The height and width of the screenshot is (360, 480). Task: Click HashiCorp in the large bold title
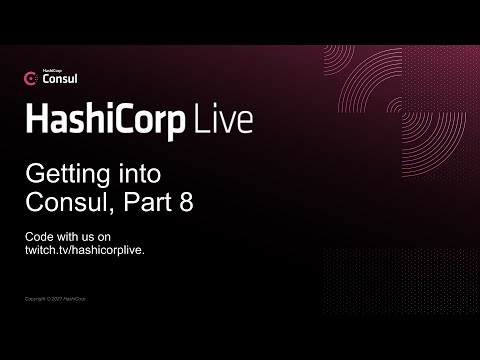106,121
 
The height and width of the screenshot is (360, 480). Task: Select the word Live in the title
225,121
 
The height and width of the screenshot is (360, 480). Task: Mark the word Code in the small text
38,236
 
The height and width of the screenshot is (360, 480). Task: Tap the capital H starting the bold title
34,121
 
